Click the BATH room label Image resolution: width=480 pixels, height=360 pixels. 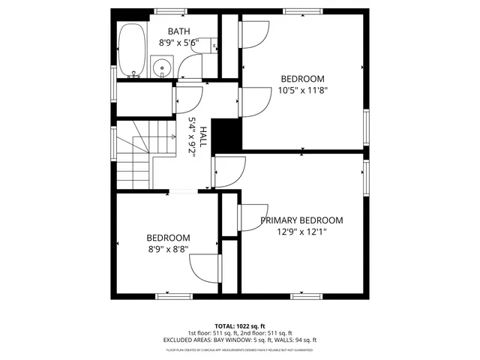178,31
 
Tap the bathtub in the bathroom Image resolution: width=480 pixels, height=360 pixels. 133,50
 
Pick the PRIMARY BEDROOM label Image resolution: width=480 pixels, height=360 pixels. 301,220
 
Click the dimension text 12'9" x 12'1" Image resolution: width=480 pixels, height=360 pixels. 301,232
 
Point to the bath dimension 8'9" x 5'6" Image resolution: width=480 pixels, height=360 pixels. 178,43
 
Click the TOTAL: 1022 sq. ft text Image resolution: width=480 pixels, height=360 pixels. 240,326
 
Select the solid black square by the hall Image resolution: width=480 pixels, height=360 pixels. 226,134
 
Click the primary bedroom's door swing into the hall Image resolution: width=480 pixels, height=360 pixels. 229,172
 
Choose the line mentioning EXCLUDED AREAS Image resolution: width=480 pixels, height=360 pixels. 240,340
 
